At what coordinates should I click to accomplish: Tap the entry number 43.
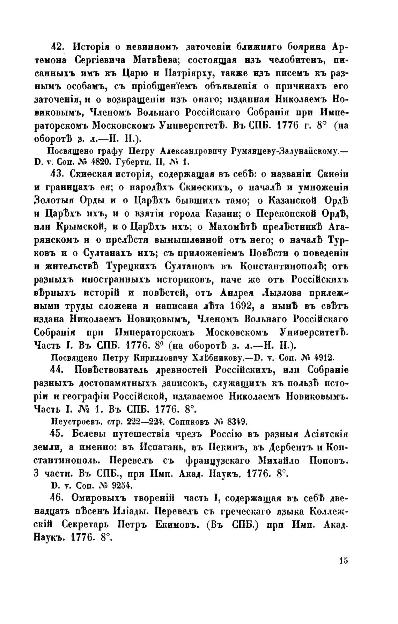pyautogui.click(x=57, y=173)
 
